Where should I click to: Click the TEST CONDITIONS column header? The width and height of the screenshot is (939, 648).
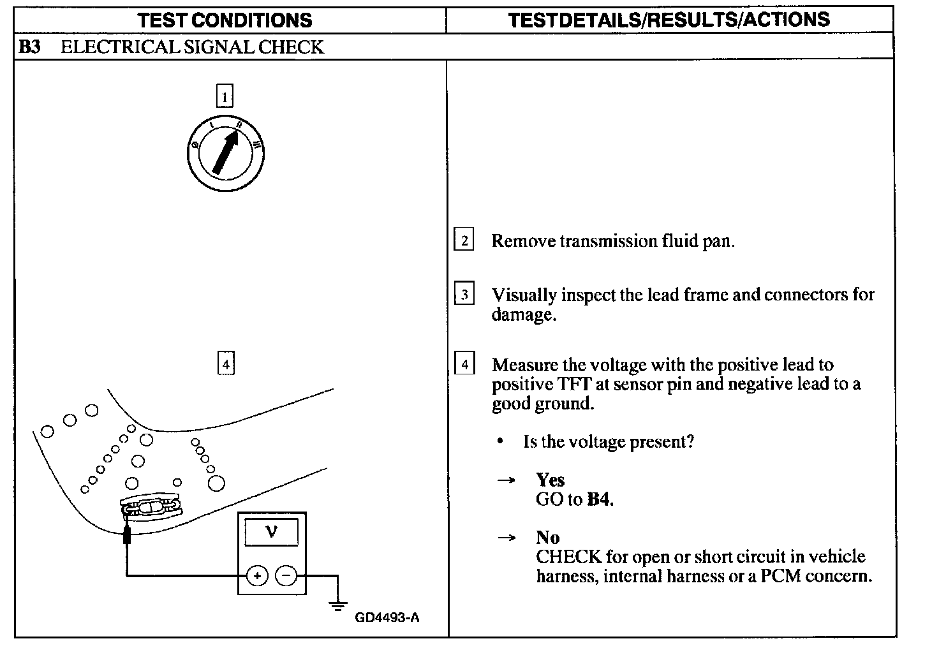pos(225,20)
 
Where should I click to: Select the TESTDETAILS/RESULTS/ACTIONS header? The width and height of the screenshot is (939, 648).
pos(669,20)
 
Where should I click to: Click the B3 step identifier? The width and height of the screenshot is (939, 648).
pos(29,47)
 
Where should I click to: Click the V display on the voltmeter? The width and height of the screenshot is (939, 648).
pos(271,531)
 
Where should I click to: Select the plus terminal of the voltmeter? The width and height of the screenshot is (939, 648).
pos(258,576)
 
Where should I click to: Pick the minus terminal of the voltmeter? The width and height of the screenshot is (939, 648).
pos(286,576)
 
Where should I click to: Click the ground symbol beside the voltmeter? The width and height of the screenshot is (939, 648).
pos(338,603)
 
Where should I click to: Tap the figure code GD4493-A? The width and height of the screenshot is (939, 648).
pos(387,617)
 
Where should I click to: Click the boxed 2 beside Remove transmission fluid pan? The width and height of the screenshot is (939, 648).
pos(464,240)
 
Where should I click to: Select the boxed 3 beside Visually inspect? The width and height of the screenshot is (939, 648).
pos(464,295)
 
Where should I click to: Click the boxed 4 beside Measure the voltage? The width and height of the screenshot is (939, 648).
pos(464,364)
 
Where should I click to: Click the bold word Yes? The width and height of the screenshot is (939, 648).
pos(550,480)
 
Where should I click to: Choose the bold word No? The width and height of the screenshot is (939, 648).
pos(547,538)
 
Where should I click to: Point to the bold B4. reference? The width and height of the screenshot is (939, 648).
pos(600,499)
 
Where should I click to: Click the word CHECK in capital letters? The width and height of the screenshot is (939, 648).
pos(568,557)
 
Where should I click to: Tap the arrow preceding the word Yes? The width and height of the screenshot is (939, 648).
pos(506,480)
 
